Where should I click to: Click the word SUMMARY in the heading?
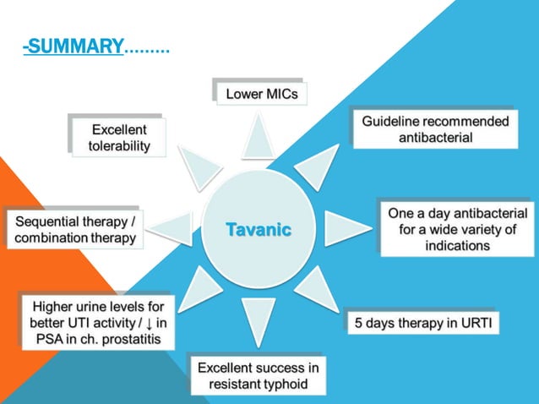(x=75, y=47)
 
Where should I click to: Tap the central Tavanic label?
(x=258, y=229)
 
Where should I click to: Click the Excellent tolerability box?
(x=119, y=138)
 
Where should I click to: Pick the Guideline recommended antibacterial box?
(x=435, y=129)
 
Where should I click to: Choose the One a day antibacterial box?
(x=457, y=228)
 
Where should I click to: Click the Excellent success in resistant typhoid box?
(x=258, y=375)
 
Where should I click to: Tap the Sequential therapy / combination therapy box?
(x=75, y=230)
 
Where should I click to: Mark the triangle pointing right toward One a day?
(x=345, y=229)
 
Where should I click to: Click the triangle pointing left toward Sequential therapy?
(x=172, y=229)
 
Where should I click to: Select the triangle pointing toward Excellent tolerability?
(x=199, y=166)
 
